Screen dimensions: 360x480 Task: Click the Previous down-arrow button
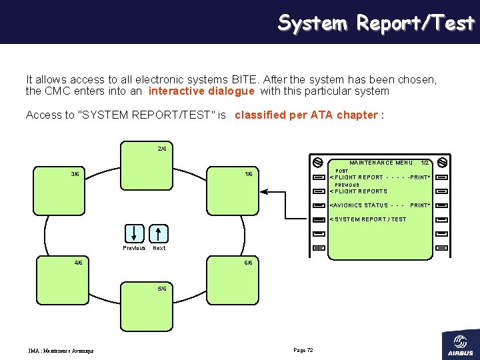134,233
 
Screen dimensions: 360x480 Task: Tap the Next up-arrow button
159,233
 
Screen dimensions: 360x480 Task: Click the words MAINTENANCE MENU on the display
381,163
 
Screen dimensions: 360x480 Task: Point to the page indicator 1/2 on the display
425,163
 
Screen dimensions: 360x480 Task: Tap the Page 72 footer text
303,350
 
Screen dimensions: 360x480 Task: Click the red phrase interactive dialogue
201,91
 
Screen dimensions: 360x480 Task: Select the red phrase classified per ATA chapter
309,115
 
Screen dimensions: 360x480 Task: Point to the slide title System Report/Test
376,23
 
